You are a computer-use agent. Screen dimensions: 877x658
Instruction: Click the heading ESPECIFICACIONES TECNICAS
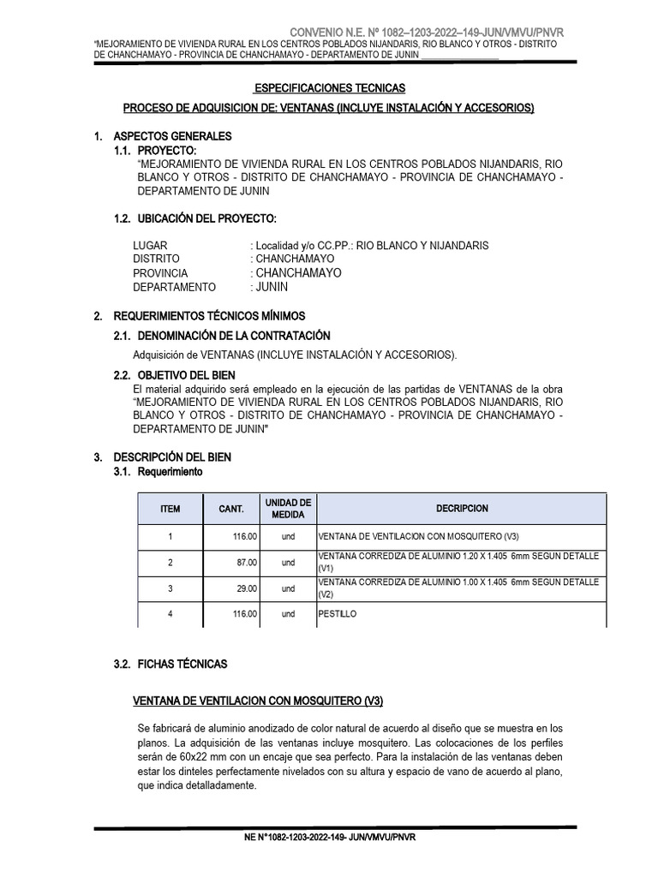(330, 88)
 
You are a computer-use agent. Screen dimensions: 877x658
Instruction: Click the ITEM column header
(170, 509)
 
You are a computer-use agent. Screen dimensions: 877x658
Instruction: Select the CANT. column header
(231, 509)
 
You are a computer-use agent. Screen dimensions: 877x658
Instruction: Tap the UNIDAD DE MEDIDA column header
(288, 508)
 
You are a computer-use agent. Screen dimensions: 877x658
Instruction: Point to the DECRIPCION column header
(462, 508)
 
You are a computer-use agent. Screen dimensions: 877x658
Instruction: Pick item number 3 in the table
(170, 588)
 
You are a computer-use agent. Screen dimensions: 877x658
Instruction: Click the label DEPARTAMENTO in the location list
(175, 287)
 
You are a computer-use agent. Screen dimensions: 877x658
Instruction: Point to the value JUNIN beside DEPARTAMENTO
(272, 287)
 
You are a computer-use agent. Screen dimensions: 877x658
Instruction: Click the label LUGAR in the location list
(150, 245)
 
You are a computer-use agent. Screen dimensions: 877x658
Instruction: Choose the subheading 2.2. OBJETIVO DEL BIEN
(187, 375)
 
